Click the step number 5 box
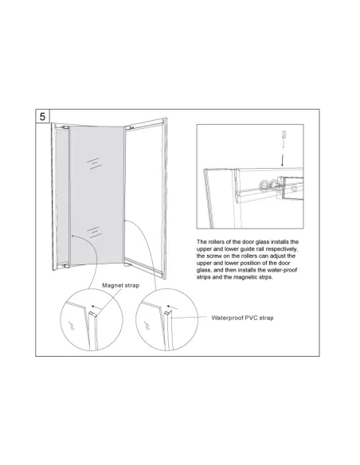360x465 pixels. (x=42, y=116)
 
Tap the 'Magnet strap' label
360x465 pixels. (x=121, y=285)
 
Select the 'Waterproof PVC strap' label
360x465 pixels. (x=242, y=318)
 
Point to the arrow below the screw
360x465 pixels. (x=282, y=160)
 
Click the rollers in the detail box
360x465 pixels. (x=269, y=186)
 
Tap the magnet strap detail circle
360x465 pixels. (x=92, y=320)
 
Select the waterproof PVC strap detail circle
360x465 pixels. (x=166, y=320)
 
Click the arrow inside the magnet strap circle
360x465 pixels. (x=96, y=307)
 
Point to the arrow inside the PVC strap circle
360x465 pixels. (x=172, y=307)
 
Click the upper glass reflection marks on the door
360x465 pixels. (x=95, y=163)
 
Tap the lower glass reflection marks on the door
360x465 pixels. (x=95, y=232)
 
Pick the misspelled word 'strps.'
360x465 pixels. (x=265, y=277)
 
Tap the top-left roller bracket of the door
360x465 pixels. (x=65, y=127)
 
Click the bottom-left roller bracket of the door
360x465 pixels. (x=66, y=265)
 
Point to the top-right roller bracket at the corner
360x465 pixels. (x=128, y=128)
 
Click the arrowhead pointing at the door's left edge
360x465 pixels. (x=73, y=236)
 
